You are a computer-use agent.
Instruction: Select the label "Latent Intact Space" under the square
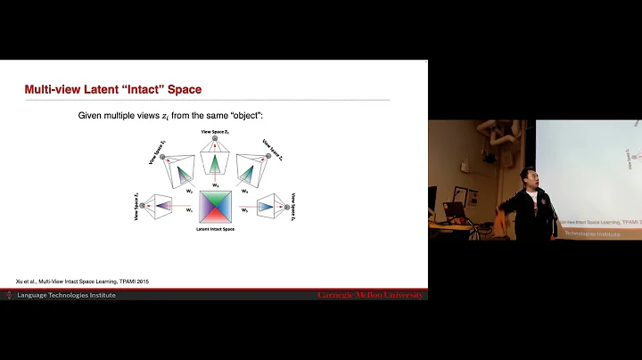(x=215, y=230)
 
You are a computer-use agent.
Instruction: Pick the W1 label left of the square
(x=189, y=210)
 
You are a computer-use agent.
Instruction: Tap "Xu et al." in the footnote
(x=28, y=282)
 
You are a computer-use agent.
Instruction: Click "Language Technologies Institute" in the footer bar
(x=66, y=295)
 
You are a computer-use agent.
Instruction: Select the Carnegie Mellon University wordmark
(x=370, y=295)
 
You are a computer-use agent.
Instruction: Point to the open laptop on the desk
(x=455, y=210)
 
